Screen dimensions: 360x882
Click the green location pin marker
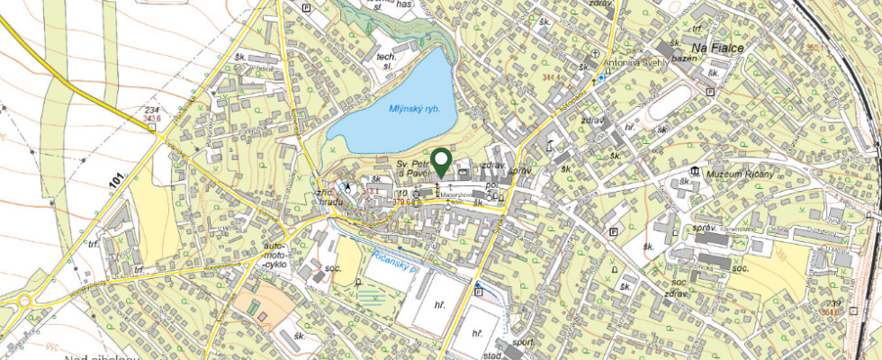point(441,161)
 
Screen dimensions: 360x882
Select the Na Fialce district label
point(717,46)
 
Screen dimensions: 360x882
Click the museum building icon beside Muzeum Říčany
point(695,171)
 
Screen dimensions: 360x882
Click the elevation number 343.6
point(151,119)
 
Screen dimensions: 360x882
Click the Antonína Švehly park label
point(635,62)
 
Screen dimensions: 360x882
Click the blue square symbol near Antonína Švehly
point(602,77)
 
